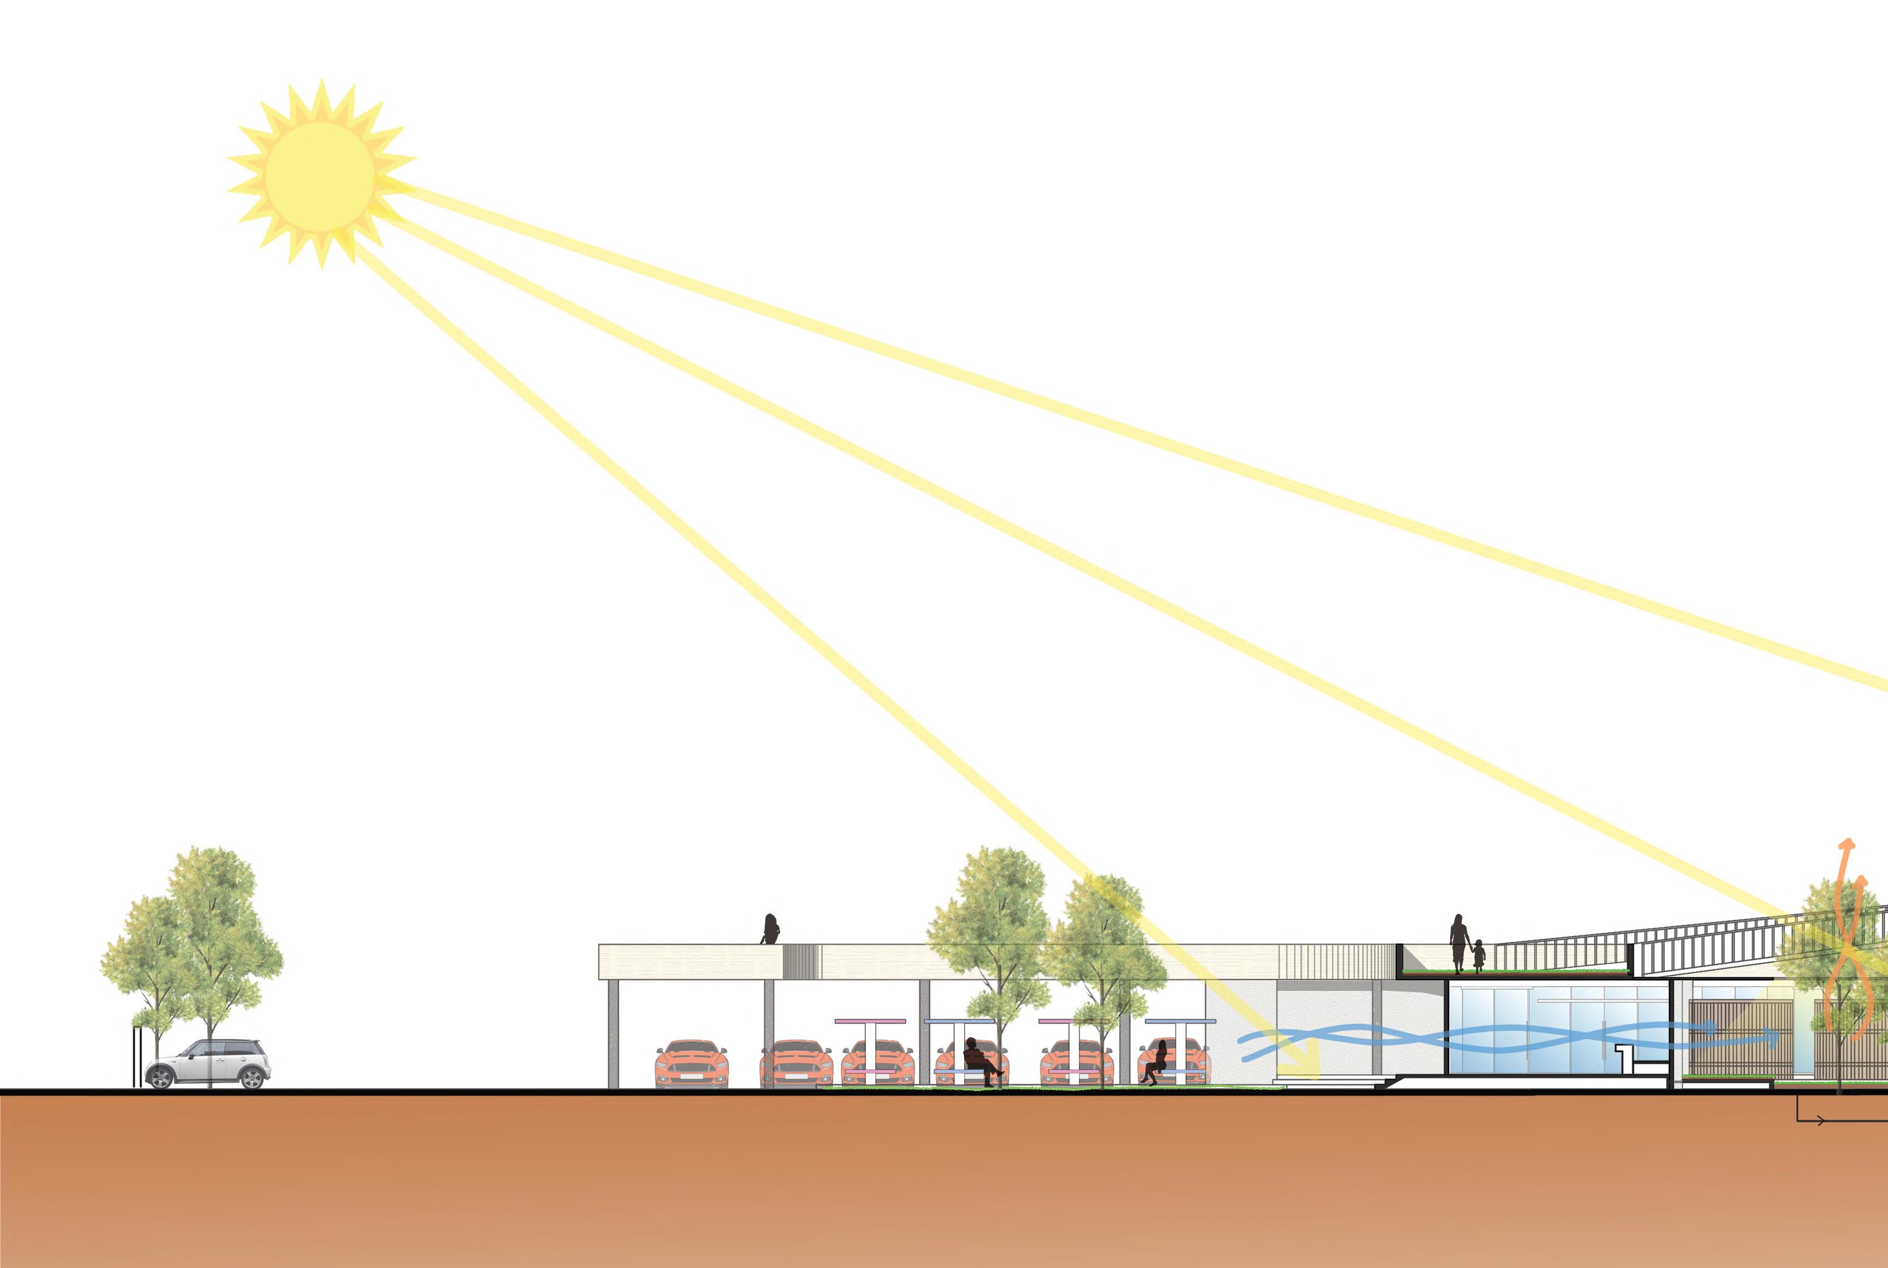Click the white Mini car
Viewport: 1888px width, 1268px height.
(208, 1064)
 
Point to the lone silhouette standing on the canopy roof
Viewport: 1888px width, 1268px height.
(770, 930)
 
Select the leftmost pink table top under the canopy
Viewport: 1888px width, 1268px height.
(870, 1021)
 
